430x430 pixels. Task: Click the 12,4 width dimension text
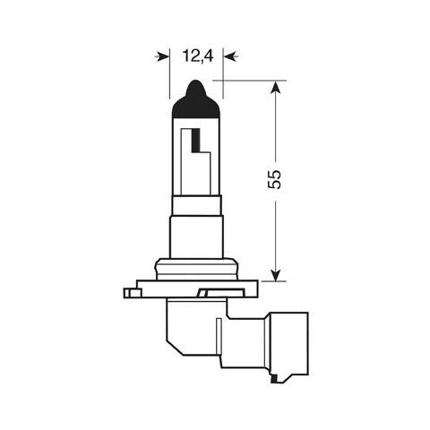(x=195, y=56)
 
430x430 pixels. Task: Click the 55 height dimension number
(x=275, y=178)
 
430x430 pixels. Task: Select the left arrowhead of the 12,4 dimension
(x=163, y=56)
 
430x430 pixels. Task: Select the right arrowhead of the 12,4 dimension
(x=228, y=56)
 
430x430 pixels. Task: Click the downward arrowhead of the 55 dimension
(x=275, y=272)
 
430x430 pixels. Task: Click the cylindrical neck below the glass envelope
(x=195, y=235)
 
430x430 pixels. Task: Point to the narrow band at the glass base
(x=195, y=204)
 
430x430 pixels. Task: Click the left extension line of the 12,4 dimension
(x=168, y=76)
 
